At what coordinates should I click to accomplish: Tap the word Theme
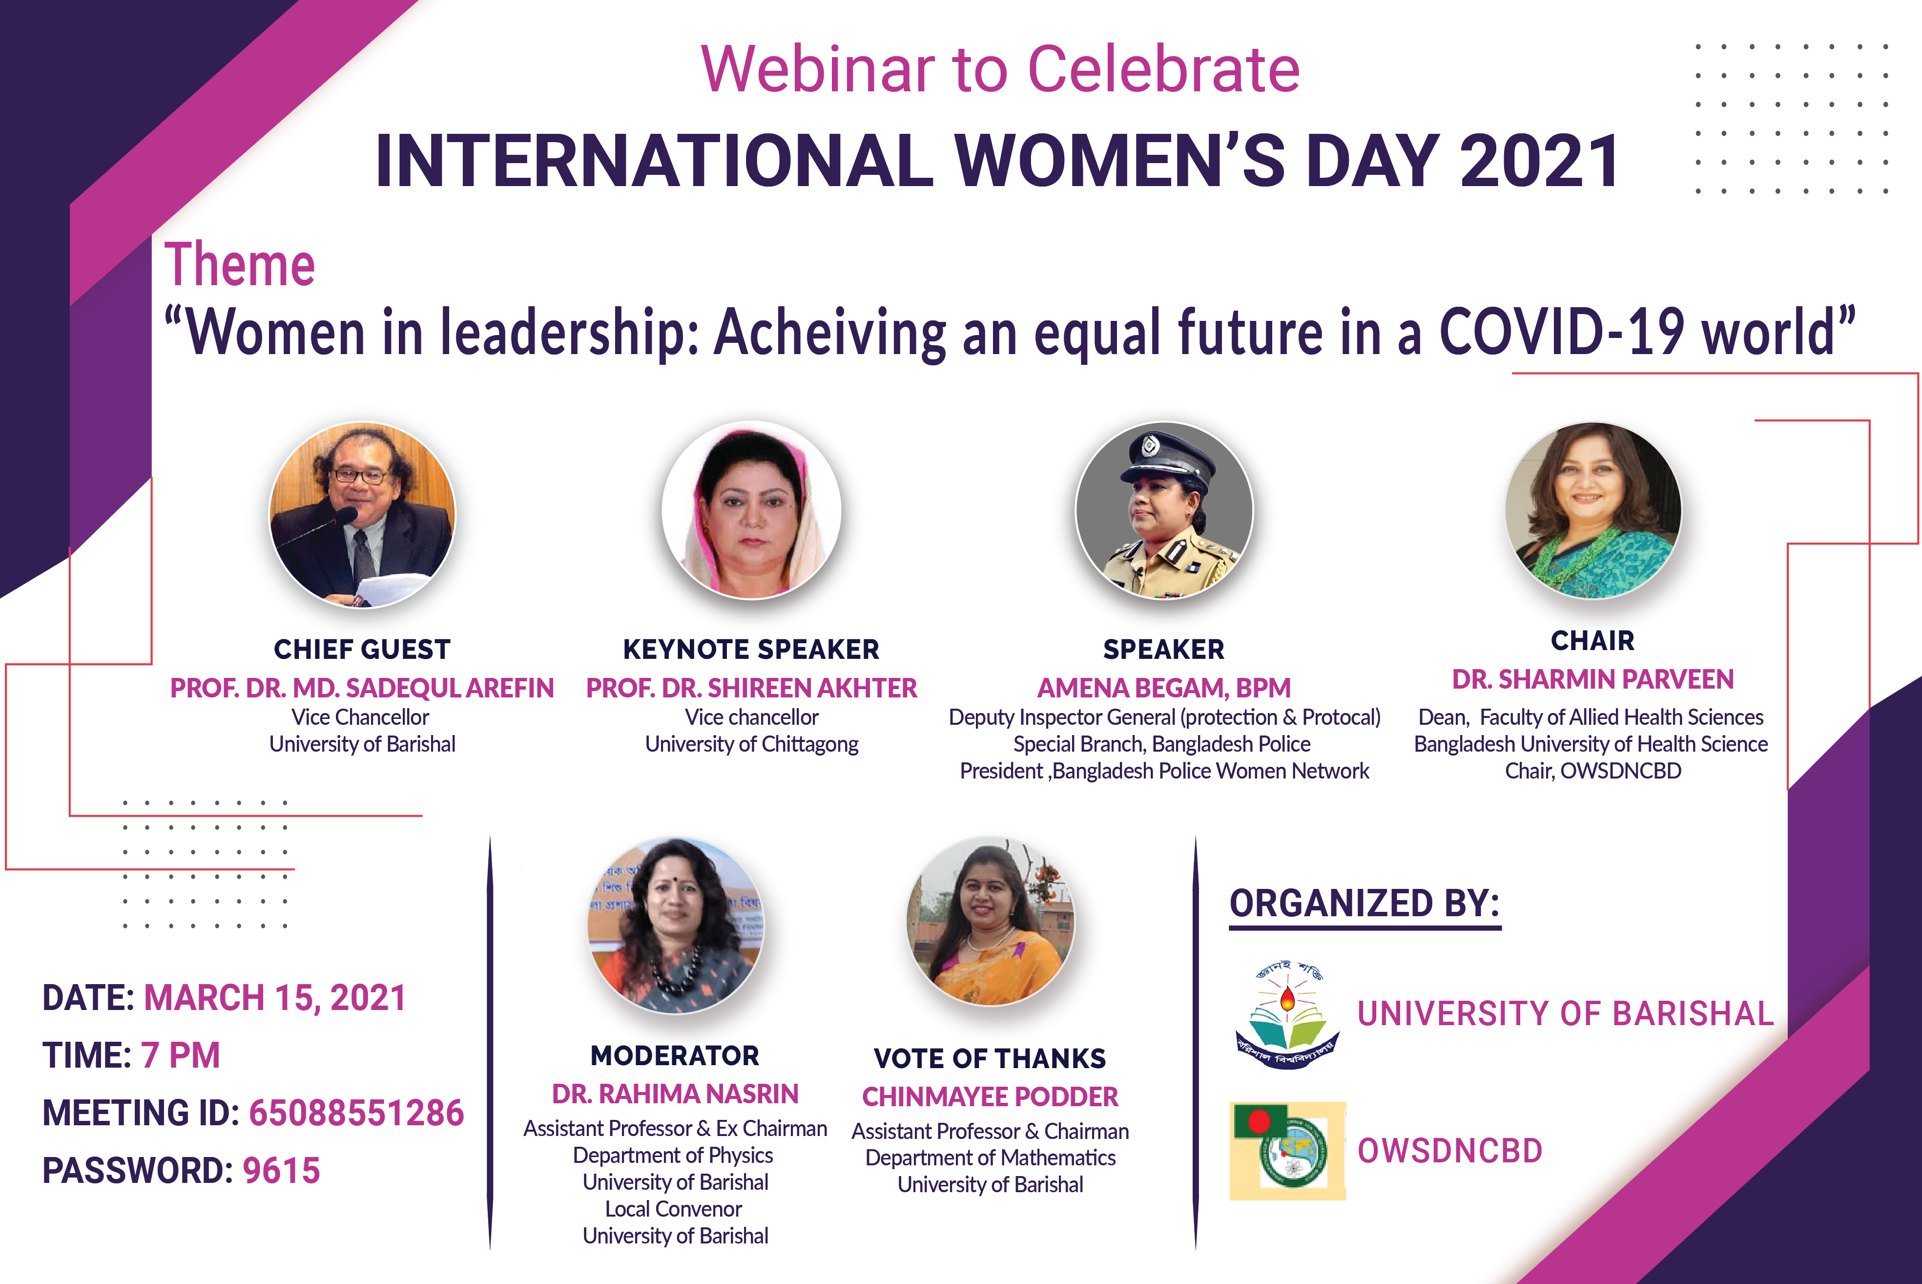coord(240,265)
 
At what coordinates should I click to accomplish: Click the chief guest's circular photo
coord(363,514)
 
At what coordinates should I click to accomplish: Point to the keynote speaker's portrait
coord(751,510)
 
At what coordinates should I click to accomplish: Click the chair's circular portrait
coord(1593,510)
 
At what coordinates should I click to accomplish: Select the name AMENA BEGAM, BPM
coord(1164,688)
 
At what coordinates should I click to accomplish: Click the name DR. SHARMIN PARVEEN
coord(1593,680)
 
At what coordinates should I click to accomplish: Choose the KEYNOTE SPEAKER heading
coord(751,650)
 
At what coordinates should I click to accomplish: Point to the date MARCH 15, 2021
coord(275,998)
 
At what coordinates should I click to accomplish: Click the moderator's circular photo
coord(675,926)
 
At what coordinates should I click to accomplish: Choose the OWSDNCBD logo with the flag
coord(1288,1151)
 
